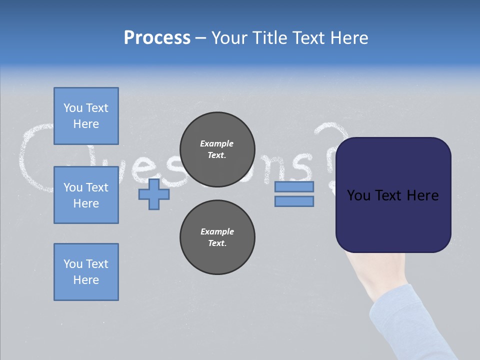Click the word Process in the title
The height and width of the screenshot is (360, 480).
coord(157,38)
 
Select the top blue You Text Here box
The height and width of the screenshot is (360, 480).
coord(86,116)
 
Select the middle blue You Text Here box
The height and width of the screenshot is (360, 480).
coord(86,195)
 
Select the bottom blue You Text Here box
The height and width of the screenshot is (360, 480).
coord(86,272)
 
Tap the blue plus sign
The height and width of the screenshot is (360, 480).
coord(154,194)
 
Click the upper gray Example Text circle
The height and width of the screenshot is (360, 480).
coord(217,149)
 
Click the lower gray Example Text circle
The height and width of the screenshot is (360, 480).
coord(217,237)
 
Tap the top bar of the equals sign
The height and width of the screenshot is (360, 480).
coord(294,187)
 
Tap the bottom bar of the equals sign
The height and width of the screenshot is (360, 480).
coord(294,201)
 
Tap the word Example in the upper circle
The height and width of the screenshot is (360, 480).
coord(217,143)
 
